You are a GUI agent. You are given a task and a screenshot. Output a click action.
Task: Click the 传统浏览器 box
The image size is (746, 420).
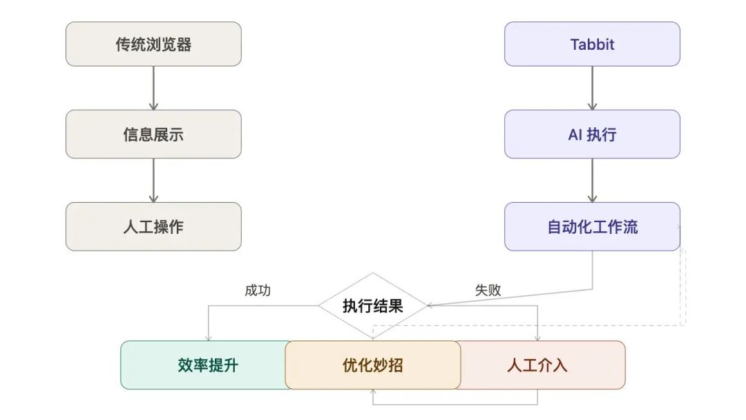click(x=153, y=44)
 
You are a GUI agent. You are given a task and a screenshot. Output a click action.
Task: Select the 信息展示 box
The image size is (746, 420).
click(x=153, y=134)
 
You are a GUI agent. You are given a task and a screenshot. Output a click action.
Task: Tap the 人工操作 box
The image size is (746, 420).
click(x=153, y=226)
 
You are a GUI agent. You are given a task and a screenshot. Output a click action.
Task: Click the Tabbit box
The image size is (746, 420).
click(x=592, y=44)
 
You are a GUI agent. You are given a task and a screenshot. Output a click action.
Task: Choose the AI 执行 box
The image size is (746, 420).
click(x=592, y=134)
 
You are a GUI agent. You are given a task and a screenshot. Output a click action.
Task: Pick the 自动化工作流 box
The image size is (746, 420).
click(x=592, y=226)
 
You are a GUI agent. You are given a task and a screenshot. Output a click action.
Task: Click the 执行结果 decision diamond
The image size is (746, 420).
click(x=373, y=305)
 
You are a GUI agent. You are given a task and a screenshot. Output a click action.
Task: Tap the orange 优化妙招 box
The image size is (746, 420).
click(x=373, y=365)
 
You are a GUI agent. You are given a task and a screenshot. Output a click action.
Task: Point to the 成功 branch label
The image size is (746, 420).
click(x=258, y=291)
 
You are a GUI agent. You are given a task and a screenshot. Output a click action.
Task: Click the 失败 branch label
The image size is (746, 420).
click(x=488, y=291)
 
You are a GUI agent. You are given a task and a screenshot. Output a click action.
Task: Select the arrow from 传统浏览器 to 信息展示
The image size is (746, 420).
click(x=153, y=88)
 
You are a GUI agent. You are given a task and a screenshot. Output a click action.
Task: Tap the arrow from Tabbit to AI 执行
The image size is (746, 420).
click(x=592, y=88)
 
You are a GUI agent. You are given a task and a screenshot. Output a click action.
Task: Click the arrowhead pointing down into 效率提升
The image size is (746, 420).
click(x=208, y=336)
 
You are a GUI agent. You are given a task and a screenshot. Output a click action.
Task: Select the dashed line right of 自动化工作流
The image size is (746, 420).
click(x=684, y=284)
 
